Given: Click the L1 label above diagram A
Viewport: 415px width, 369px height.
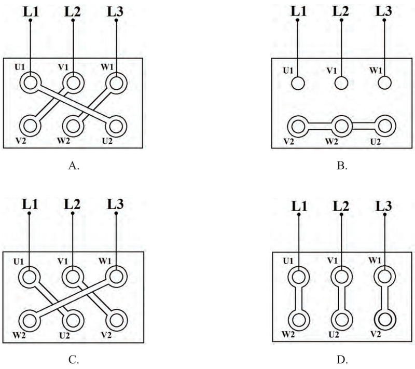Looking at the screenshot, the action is point(31,12).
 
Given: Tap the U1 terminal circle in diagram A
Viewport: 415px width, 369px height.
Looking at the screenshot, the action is point(31,83).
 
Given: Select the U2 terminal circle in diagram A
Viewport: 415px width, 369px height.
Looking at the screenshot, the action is point(116,126).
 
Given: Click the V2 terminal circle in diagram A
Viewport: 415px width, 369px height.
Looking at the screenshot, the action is point(31,126).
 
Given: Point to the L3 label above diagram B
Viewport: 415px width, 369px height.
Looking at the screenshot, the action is point(384,11).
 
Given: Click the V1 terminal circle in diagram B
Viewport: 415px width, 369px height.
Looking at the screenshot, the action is point(341,83).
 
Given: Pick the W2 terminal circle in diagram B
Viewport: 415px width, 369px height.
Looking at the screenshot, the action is point(342,126).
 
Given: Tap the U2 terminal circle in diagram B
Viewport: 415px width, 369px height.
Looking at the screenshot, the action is point(385,126).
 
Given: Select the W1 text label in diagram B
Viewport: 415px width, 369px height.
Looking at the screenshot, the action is point(376,71).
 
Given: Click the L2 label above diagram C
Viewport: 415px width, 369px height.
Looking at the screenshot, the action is point(72,204).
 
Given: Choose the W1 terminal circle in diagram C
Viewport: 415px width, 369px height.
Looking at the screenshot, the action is point(116,277).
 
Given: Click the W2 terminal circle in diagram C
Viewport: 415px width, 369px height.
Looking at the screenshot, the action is point(30,321).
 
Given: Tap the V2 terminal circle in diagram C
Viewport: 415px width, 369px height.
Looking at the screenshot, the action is point(116,321).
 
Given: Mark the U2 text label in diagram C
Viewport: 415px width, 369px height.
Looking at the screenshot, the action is point(64,336).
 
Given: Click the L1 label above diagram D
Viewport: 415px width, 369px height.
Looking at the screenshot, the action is point(299,206).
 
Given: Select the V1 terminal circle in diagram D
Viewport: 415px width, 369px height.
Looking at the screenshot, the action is point(342,277).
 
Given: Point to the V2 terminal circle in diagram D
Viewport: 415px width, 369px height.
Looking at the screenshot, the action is point(385,320).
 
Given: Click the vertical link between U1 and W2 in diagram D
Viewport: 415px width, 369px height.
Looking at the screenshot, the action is point(298,298).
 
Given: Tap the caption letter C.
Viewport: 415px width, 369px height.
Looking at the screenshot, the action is point(73,360).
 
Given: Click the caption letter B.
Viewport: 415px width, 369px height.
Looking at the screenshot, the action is point(342,166).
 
